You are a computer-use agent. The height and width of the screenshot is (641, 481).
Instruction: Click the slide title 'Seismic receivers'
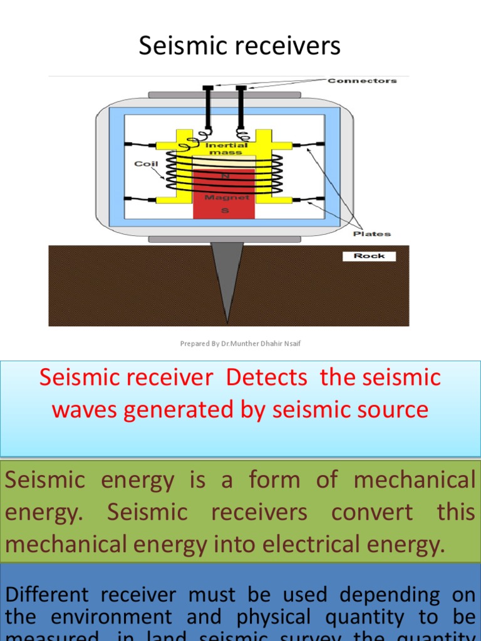(x=239, y=46)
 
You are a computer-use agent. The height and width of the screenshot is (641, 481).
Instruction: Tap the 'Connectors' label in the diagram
(x=362, y=81)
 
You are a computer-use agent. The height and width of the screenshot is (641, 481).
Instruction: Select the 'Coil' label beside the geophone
(x=143, y=163)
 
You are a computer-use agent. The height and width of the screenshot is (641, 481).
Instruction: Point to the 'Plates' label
(x=371, y=233)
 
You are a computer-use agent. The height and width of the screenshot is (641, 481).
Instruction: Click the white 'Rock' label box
(x=369, y=256)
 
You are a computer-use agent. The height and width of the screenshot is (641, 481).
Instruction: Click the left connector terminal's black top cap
(x=208, y=87)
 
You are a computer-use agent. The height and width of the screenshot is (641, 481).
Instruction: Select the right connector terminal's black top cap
(x=240, y=87)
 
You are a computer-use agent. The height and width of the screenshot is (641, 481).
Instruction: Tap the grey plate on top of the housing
(x=224, y=95)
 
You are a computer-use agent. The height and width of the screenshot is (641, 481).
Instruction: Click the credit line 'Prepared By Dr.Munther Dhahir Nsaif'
(x=240, y=344)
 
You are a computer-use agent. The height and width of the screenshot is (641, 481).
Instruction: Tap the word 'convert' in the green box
(x=372, y=512)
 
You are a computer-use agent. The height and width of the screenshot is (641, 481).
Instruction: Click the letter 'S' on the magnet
(x=224, y=211)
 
